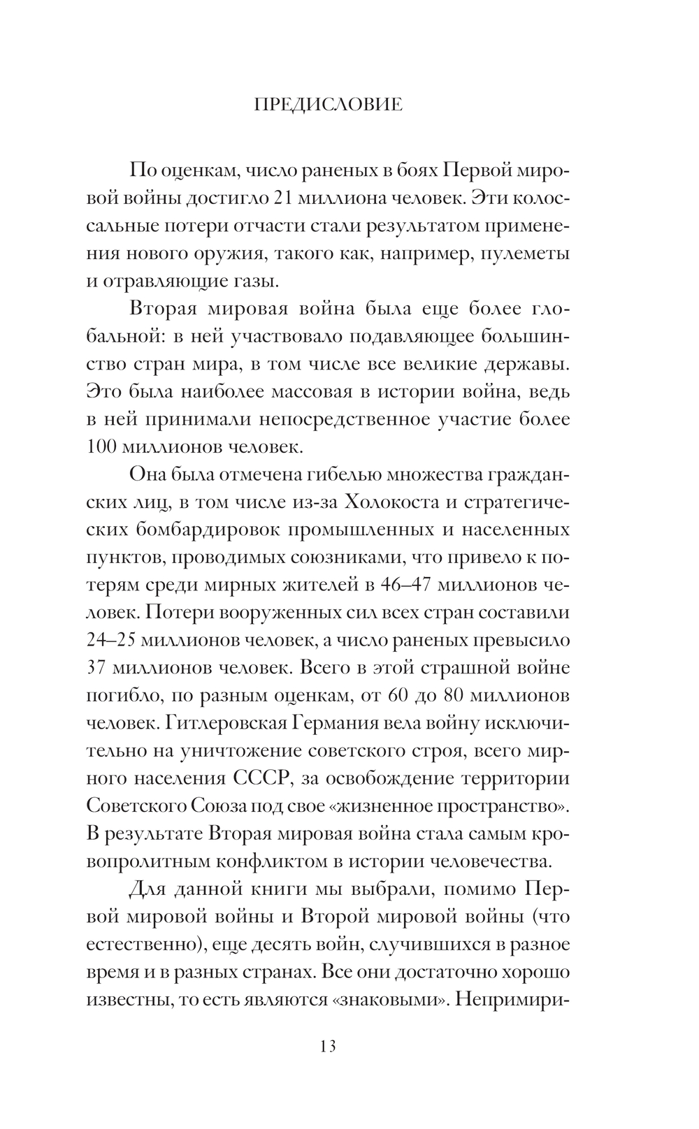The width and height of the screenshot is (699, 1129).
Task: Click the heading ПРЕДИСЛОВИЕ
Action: [x=328, y=105]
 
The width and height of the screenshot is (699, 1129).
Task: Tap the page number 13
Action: [x=328, y=1046]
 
